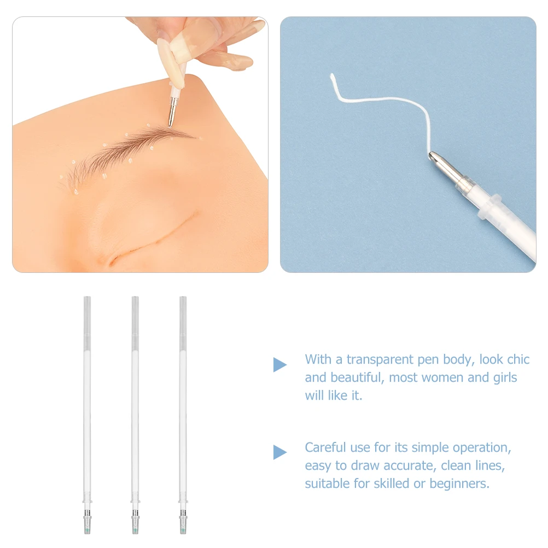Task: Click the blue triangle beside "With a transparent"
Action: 279,365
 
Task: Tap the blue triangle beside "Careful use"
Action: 279,452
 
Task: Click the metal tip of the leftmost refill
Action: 88,522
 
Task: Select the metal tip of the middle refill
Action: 135,522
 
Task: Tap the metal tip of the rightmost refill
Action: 183,522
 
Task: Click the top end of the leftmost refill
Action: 88,297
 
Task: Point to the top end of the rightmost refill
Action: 183,297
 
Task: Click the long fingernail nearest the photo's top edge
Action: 257,26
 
